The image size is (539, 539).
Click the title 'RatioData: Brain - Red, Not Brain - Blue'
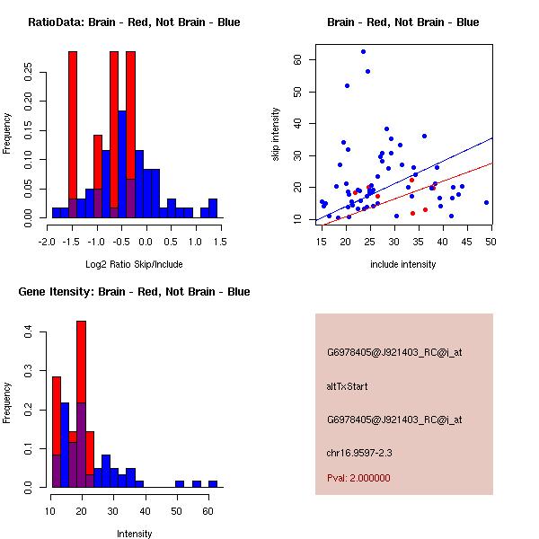[134, 22]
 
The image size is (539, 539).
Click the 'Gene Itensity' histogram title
[134, 292]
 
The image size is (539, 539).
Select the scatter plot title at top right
[403, 22]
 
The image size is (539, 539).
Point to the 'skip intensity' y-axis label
[277, 135]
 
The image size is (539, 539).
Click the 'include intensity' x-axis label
[403, 264]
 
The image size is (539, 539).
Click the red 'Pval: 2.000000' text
[358, 478]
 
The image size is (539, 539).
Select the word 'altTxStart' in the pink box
[347, 386]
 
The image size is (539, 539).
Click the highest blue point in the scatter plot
[363, 52]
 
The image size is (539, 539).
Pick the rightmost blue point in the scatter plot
[486, 202]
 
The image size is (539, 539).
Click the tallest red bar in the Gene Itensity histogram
[81, 404]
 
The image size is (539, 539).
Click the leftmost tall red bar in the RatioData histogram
[73, 135]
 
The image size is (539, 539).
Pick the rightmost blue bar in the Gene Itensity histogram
[213, 483]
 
